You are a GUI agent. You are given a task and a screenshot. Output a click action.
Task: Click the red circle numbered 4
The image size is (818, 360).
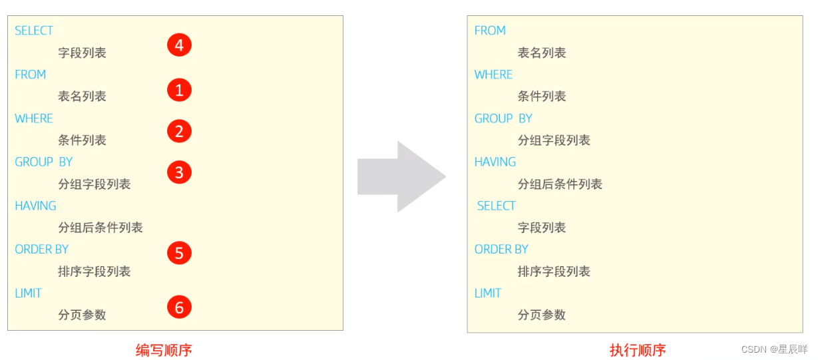coord(179,45)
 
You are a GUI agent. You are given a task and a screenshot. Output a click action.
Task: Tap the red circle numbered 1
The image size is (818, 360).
coord(179,90)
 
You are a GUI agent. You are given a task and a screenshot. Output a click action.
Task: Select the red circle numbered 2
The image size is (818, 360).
coord(179,131)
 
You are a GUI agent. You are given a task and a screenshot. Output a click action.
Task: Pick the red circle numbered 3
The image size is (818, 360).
coord(179,173)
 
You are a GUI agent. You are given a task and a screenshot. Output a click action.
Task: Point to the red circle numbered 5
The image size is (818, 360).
coord(179,253)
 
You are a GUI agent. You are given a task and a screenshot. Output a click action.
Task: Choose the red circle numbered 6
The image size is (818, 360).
coord(179,307)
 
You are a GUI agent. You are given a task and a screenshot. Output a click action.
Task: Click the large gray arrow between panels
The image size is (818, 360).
coord(401,176)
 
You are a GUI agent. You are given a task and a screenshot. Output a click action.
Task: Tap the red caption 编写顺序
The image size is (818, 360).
coord(164,350)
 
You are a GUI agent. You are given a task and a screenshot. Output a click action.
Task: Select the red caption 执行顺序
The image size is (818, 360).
coord(637,350)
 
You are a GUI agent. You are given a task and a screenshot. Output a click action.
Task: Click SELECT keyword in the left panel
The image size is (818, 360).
coord(34,31)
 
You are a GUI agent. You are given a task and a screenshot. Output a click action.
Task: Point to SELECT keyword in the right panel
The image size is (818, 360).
coord(496,206)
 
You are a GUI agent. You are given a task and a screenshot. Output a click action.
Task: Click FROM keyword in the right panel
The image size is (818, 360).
coord(490,31)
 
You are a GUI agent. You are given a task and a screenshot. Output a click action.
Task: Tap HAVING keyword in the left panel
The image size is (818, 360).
coord(35,206)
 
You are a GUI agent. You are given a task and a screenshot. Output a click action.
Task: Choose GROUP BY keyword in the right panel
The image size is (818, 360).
coord(503,118)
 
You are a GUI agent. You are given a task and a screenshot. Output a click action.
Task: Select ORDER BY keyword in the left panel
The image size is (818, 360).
coord(41,250)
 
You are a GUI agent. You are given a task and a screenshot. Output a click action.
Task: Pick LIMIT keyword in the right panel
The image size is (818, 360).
coord(487,293)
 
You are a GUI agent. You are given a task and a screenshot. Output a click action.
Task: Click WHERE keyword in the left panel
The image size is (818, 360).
coord(33,118)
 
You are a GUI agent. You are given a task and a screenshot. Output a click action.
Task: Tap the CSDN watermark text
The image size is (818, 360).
coord(774,349)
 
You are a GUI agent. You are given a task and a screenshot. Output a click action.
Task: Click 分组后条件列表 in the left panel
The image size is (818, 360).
coord(101,228)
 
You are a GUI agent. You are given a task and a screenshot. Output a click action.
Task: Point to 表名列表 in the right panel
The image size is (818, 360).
coord(542,53)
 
